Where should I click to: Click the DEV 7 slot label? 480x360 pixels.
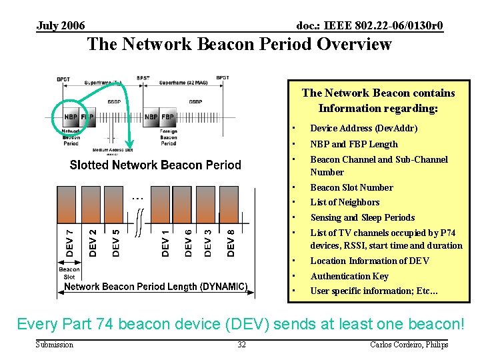click(x=70, y=241)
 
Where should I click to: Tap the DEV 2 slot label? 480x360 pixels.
click(x=93, y=241)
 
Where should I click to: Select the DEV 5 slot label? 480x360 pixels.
click(x=116, y=241)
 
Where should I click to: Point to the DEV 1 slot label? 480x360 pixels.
click(x=165, y=241)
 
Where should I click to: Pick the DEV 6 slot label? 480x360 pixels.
click(x=188, y=241)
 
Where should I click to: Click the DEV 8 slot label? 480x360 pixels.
click(x=231, y=241)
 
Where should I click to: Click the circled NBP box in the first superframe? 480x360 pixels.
click(x=71, y=117)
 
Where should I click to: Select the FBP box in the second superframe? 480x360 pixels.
click(x=167, y=117)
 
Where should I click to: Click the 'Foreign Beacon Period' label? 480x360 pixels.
click(x=168, y=137)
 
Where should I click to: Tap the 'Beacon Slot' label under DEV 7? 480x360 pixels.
click(x=69, y=273)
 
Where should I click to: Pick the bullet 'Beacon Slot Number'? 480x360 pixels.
click(x=351, y=187)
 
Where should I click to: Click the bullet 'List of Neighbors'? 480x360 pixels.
click(x=345, y=202)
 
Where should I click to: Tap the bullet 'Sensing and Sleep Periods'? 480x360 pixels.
click(x=362, y=217)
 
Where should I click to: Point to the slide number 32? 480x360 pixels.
click(x=241, y=344)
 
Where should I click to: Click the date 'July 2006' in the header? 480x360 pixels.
click(x=61, y=26)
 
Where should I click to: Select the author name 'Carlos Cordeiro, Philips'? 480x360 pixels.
click(x=409, y=344)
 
